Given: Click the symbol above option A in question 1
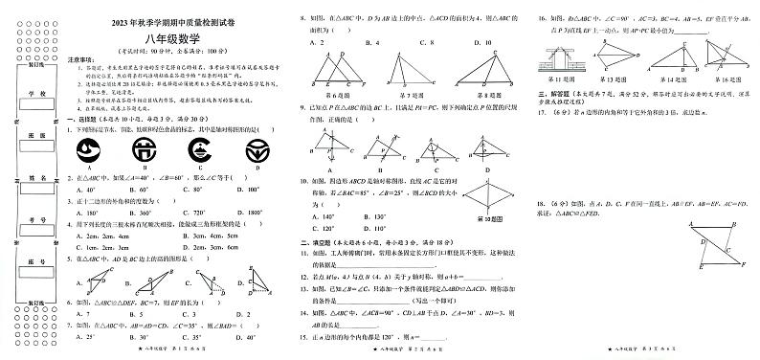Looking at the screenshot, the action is click(91, 149).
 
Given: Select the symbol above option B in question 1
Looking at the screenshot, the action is click(144, 149).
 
